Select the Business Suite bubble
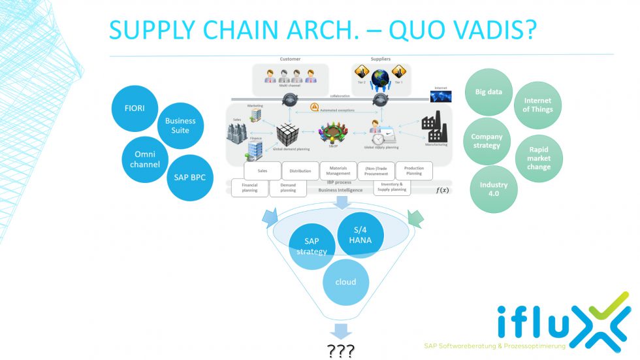coord(180,125)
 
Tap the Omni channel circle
coord(145,159)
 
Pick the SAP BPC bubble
coord(190,177)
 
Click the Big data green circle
coord(488,92)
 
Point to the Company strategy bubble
coord(487,141)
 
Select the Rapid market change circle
coord(539,157)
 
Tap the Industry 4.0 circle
coord(494,189)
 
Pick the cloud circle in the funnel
coord(346,282)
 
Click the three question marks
coord(341,351)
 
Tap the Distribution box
coord(300,171)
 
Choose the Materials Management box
coord(338,170)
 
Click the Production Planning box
coord(413,171)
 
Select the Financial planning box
coord(249,188)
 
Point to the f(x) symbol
coord(442,190)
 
